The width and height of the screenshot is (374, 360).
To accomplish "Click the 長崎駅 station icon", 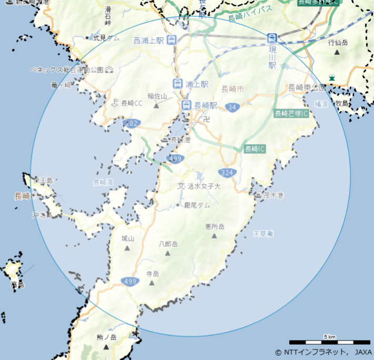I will click(186, 105).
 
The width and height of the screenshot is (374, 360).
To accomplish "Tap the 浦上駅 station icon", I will click(178, 84).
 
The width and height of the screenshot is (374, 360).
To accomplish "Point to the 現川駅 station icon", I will click(272, 38).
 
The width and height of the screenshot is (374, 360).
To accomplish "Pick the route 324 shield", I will click(227, 173).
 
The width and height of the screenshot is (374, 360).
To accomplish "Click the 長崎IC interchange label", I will click(255, 149).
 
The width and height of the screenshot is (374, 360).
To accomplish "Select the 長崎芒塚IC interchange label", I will click(291, 113).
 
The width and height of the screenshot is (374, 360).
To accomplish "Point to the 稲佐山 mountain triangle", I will click(156, 105).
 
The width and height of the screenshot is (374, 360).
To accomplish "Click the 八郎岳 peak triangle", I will click(168, 254).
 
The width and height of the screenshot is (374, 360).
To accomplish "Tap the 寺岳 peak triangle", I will click(152, 283).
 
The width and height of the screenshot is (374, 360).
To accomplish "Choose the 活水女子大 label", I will click(203, 186).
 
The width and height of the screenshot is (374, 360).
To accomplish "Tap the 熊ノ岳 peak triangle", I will click(106, 347).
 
